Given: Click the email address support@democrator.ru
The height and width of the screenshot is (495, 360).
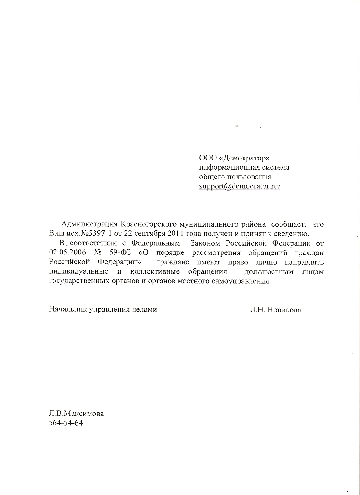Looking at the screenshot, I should tap(239, 186).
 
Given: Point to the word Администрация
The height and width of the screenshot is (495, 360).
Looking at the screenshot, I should tap(89, 224).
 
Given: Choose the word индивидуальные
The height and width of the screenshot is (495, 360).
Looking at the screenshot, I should tap(78, 271).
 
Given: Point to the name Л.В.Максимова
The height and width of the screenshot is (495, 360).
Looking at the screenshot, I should tap(76, 414).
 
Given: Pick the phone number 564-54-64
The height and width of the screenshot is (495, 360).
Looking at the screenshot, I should tap(66, 423).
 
